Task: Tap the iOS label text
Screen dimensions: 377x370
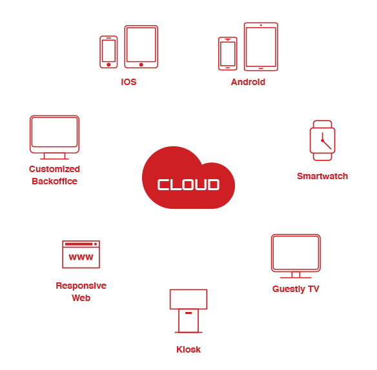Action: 128,82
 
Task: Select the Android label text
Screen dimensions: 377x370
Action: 248,82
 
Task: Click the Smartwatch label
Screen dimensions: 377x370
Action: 322,176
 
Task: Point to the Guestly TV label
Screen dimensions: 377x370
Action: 296,289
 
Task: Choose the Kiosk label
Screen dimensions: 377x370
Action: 188,349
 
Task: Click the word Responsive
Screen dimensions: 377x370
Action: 81,286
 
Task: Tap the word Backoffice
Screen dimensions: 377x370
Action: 55,181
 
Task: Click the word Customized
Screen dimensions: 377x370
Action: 54,169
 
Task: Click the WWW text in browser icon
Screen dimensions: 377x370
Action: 81,257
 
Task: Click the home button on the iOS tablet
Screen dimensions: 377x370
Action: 141,64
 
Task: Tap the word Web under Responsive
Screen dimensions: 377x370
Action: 81,298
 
